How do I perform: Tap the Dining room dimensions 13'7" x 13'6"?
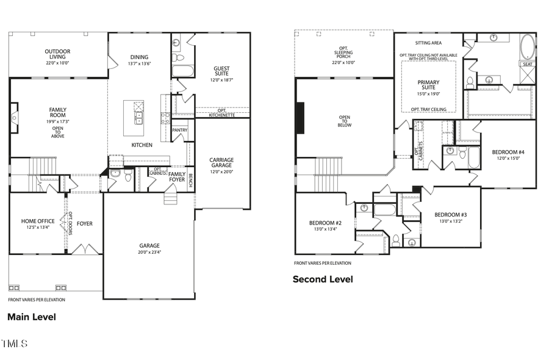click(x=139, y=64)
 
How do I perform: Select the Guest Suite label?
click(x=221, y=71)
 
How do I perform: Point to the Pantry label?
click(x=180, y=130)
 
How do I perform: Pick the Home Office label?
click(x=38, y=221)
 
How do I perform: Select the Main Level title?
click(x=31, y=317)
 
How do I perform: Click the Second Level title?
click(x=323, y=279)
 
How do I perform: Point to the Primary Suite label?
click(x=428, y=85)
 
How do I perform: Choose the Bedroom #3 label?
click(x=451, y=215)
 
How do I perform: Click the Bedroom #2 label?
click(x=326, y=223)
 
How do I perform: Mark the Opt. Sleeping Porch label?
click(x=343, y=52)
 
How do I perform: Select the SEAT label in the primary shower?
click(x=527, y=64)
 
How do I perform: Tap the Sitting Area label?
click(x=428, y=43)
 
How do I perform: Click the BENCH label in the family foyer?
click(x=190, y=181)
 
